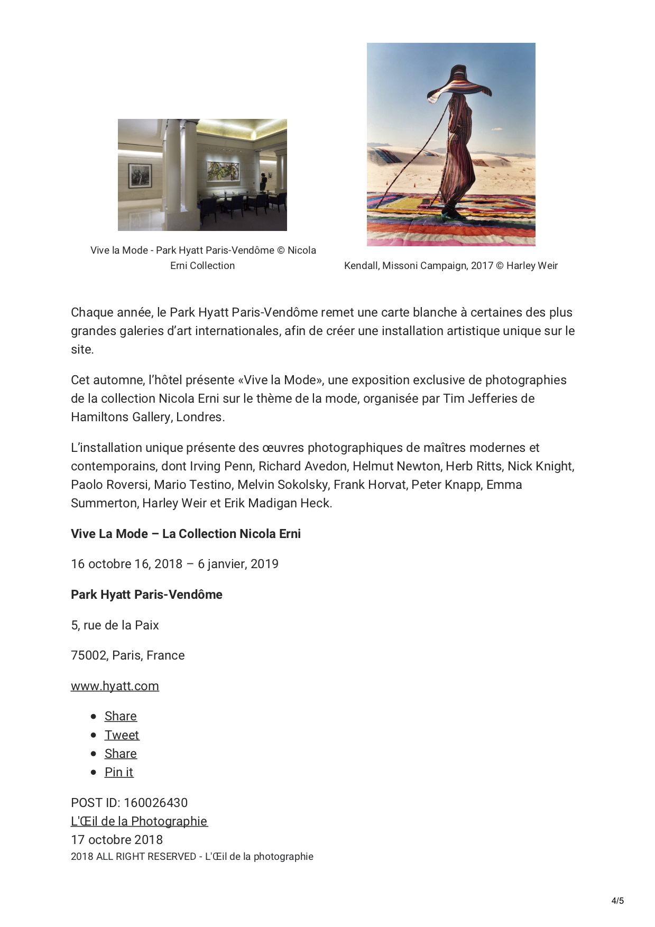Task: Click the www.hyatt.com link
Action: [x=115, y=686]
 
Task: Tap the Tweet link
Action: [x=122, y=735]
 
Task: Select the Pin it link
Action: [x=119, y=772]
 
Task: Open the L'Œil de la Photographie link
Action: [x=139, y=821]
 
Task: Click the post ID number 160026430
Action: [x=155, y=803]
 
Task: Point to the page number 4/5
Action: [x=617, y=901]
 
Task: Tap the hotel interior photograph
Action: [x=202, y=175]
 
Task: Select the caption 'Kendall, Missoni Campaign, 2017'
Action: [x=419, y=266]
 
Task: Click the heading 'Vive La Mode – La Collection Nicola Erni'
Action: [x=186, y=534]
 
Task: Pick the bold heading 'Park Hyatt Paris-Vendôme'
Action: [x=146, y=595]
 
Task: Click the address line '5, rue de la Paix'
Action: [x=115, y=625]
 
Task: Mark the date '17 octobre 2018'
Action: [x=117, y=840]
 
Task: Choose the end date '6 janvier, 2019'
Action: [x=238, y=564]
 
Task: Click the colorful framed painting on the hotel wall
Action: [x=223, y=171]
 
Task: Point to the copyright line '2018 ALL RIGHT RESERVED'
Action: [x=133, y=857]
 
